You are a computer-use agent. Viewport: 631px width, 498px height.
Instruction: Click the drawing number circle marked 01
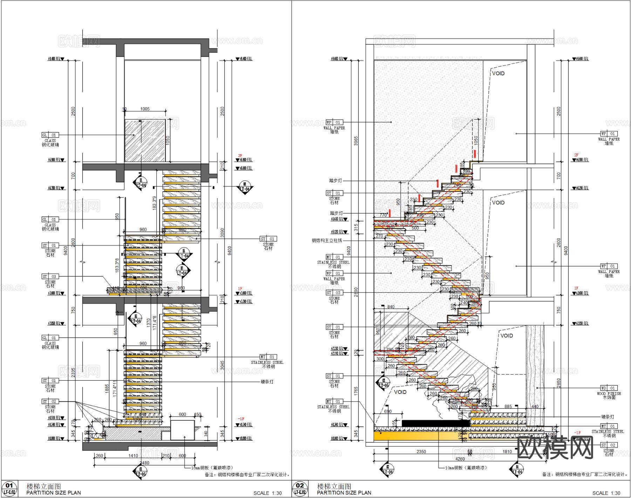coord(9,485)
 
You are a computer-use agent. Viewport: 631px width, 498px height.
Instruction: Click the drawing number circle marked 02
coord(300,485)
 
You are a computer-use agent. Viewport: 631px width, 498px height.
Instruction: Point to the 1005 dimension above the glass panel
coord(145,109)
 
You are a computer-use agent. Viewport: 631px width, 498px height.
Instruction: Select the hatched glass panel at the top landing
coord(145,140)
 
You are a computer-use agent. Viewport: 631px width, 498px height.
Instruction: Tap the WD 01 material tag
coord(608,388)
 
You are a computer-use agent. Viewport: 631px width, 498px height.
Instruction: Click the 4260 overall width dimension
coord(460,459)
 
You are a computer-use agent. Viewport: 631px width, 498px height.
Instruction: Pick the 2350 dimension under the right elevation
coord(421,451)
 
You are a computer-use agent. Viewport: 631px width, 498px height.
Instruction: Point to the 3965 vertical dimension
coord(356,141)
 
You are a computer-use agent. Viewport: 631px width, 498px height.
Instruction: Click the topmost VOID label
coord(498,73)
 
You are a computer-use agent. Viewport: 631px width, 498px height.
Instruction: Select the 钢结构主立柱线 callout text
coord(327,240)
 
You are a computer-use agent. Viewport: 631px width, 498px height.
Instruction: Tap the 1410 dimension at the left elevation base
coord(133,456)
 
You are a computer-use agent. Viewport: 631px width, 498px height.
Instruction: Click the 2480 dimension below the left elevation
coord(144,463)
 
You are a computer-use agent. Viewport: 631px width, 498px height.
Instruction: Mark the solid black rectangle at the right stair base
coord(435,423)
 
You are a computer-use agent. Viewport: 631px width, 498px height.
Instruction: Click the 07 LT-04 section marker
coord(387,469)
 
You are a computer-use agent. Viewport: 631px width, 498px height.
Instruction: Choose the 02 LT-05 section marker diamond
coord(384,383)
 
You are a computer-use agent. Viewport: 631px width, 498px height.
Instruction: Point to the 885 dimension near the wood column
coord(508,407)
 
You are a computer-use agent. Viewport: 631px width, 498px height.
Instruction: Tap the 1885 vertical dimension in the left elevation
coord(107,389)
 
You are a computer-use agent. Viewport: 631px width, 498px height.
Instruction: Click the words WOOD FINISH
coord(609,394)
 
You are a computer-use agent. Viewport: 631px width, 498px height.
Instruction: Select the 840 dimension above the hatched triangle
coord(391,307)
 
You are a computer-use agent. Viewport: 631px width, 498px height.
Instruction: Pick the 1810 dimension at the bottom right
coord(507,451)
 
